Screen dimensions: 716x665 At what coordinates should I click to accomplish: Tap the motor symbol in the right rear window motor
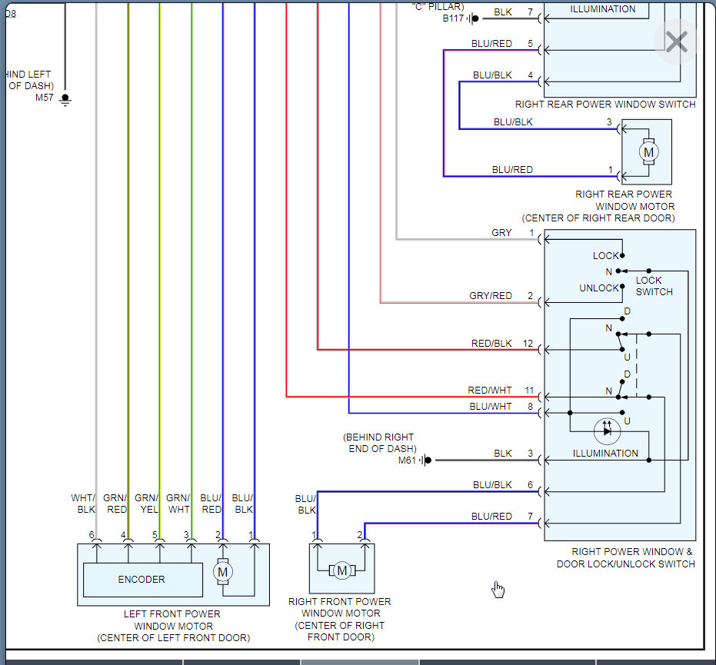click(648, 152)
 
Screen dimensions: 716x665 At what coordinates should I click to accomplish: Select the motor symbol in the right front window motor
click(342, 570)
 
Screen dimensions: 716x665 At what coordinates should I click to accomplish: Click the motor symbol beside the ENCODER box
click(223, 571)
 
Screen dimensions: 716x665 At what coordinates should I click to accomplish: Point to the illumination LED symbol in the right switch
click(607, 431)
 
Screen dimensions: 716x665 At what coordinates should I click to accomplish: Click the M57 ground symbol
click(65, 99)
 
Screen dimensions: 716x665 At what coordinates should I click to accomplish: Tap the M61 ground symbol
click(426, 460)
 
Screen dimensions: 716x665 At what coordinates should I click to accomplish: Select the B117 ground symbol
click(474, 18)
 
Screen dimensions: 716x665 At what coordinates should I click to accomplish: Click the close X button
click(676, 42)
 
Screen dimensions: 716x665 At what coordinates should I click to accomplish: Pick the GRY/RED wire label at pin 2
click(491, 296)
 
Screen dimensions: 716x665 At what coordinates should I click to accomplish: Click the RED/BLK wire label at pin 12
click(491, 343)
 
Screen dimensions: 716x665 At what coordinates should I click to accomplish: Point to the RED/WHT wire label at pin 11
click(489, 391)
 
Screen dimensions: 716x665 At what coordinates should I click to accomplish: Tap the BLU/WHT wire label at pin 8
click(491, 406)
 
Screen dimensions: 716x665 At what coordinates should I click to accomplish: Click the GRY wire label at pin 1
click(501, 233)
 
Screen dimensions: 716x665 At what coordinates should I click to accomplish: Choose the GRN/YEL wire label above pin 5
click(147, 504)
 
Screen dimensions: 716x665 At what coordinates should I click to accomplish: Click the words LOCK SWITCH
click(654, 286)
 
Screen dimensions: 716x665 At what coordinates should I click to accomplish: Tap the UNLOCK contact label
click(598, 288)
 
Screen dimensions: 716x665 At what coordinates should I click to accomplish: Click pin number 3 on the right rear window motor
click(609, 122)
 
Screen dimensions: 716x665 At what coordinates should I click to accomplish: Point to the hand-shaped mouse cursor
click(498, 589)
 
